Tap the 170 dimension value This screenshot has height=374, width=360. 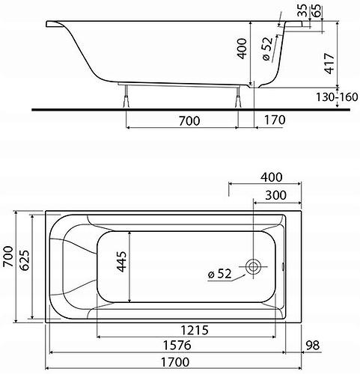(275, 119)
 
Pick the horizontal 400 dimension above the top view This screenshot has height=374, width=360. (272, 177)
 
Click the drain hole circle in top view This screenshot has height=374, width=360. (254, 267)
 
